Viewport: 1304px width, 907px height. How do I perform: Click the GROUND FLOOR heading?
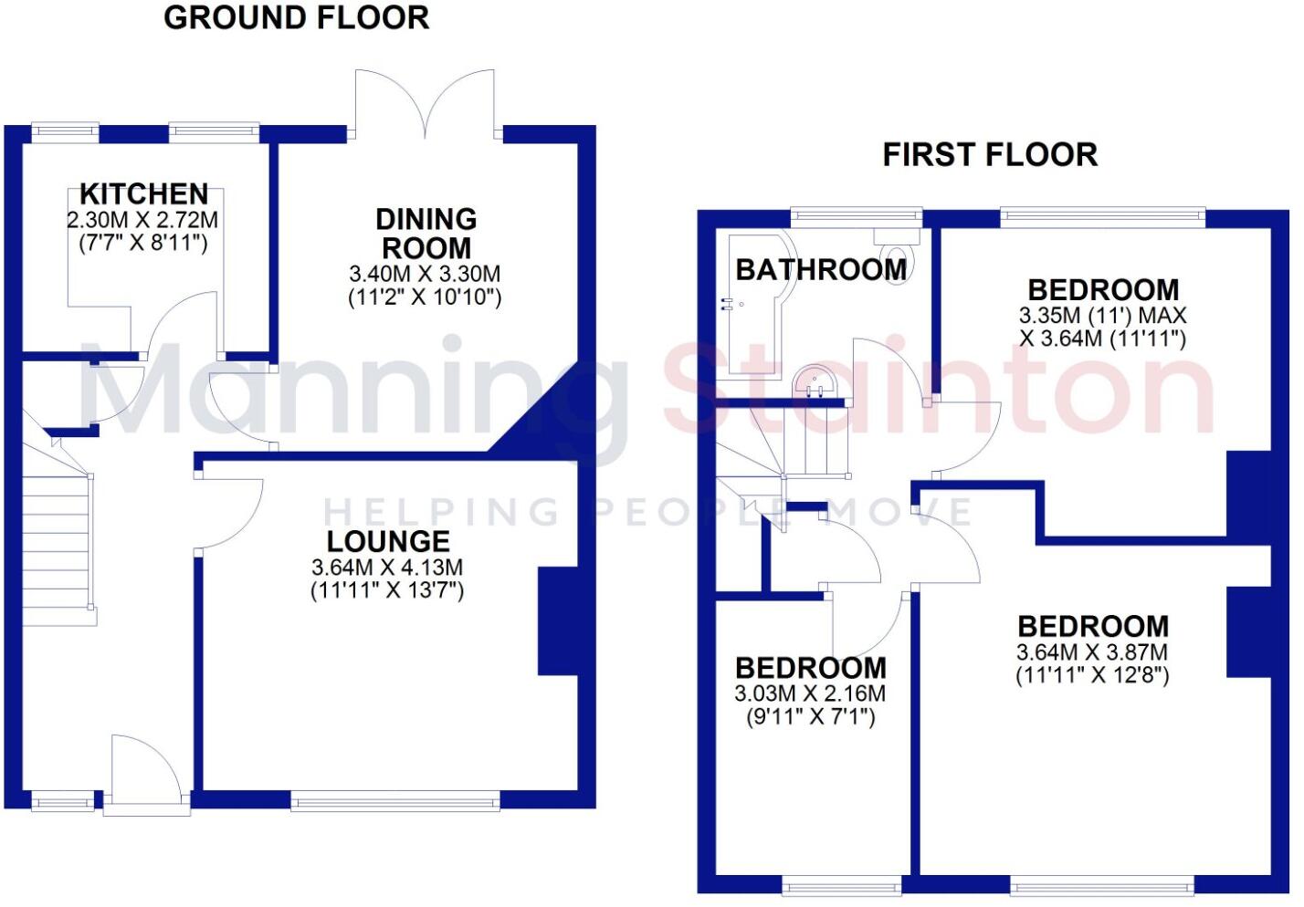(296, 18)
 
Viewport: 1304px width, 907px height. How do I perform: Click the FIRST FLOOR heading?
(990, 155)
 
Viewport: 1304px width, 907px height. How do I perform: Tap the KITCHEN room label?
(144, 193)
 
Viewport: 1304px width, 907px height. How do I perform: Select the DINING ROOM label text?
(426, 234)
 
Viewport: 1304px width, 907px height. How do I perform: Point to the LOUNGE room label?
(388, 541)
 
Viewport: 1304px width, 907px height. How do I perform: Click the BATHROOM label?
(821, 269)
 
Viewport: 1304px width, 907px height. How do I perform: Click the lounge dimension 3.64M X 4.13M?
(387, 567)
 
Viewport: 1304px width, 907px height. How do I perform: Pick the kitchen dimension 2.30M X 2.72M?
(142, 220)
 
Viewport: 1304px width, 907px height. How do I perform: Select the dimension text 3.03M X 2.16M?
(810, 693)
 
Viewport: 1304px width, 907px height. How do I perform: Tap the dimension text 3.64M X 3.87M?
(1092, 652)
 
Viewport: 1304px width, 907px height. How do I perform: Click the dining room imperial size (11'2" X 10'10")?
(426, 297)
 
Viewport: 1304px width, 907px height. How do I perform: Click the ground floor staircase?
(57, 538)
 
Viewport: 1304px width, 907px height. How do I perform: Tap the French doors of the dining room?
(426, 105)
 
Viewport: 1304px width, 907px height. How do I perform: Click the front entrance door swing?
(144, 771)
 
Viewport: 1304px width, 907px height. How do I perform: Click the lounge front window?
(395, 802)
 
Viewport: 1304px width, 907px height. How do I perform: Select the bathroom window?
(856, 217)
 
